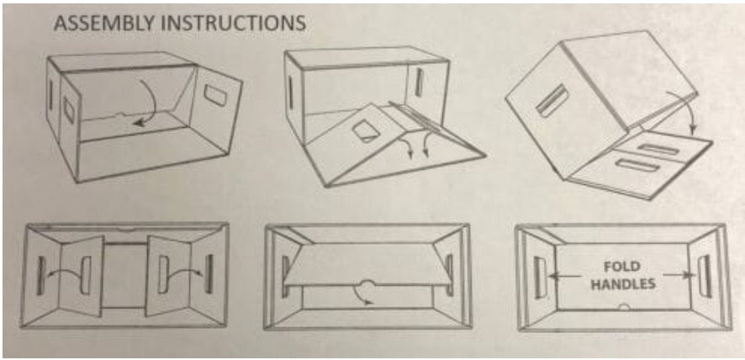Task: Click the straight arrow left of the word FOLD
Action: click(x=564, y=276)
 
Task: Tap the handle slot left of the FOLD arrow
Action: click(x=539, y=278)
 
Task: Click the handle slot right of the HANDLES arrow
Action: click(x=705, y=276)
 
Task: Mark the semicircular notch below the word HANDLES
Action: click(x=624, y=307)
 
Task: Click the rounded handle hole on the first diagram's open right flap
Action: click(x=215, y=95)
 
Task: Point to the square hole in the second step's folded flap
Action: click(x=365, y=130)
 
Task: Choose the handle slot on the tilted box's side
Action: click(x=552, y=100)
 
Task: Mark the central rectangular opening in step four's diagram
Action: click(x=124, y=276)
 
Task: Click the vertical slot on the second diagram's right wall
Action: click(x=419, y=82)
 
